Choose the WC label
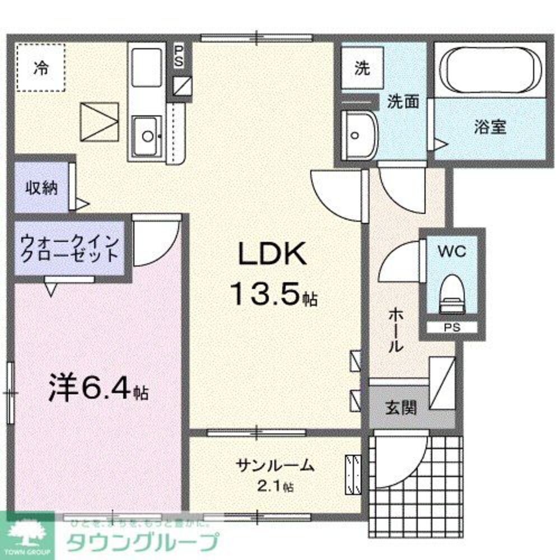click(x=451, y=251)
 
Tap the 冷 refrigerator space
click(x=40, y=68)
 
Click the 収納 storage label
click(x=41, y=188)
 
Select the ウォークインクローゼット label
click(x=69, y=249)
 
